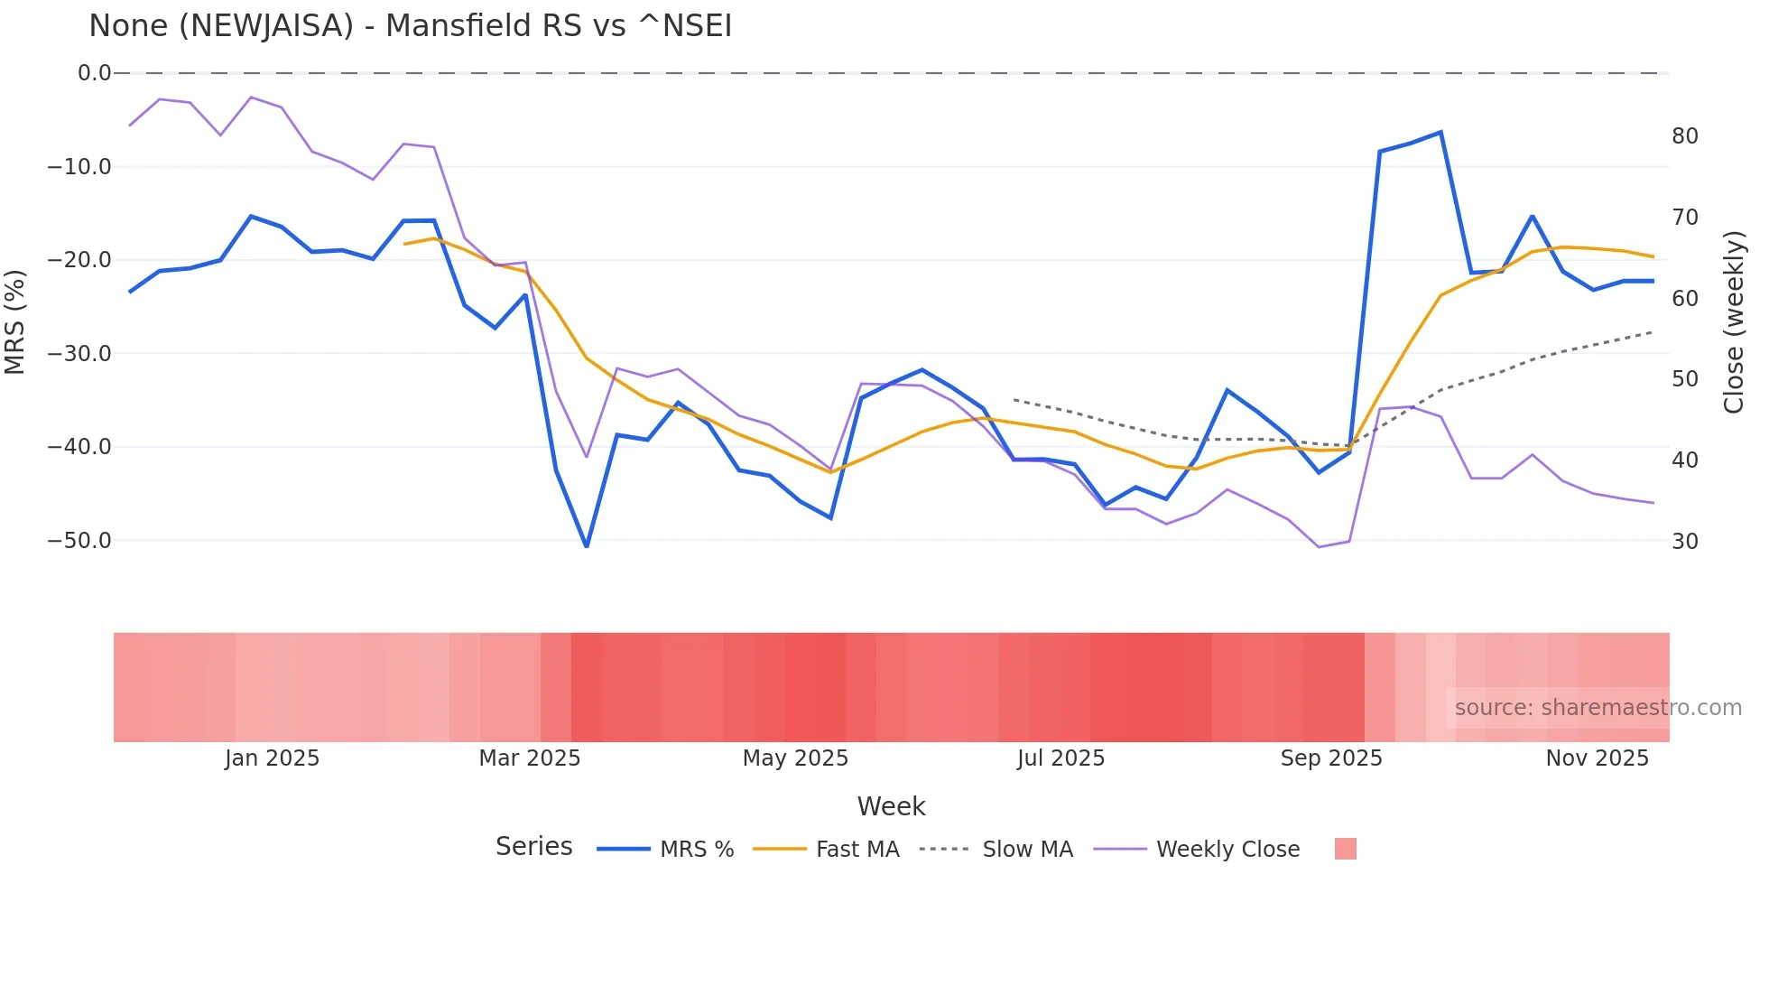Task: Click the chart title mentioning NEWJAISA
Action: (x=410, y=26)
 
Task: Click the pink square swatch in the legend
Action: (x=1345, y=849)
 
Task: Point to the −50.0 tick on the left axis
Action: (x=79, y=541)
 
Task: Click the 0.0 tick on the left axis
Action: (x=94, y=73)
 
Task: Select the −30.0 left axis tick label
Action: (x=79, y=354)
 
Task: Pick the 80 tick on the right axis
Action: (x=1685, y=136)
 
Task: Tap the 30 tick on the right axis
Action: (x=1685, y=542)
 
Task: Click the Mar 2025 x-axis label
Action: (x=529, y=758)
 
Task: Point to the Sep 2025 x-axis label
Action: (x=1331, y=758)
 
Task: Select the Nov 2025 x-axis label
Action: (x=1597, y=758)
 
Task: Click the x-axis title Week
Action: (x=891, y=806)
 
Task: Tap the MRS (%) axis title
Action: (x=15, y=321)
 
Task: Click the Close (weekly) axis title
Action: (x=1734, y=322)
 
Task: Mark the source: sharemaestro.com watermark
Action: (x=1598, y=708)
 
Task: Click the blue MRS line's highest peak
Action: (x=1440, y=133)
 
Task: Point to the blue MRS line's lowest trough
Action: (x=587, y=546)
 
